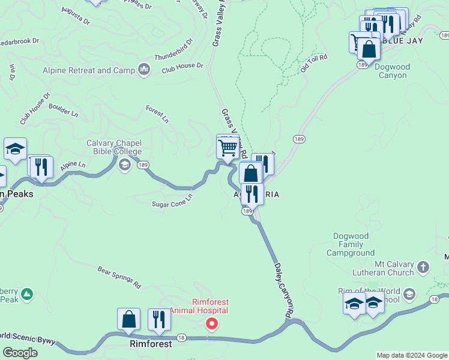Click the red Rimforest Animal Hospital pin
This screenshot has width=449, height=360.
(211, 324)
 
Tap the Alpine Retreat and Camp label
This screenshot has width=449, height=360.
(89, 70)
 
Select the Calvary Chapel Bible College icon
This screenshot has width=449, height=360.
(125, 164)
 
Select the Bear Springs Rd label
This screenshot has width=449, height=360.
(119, 277)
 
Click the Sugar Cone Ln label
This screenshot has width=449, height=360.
(172, 200)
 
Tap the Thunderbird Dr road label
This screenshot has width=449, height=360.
(173, 51)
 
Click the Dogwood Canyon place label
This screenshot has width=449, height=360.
(391, 71)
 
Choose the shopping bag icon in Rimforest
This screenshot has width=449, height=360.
(129, 319)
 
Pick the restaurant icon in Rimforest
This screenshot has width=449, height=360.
(159, 319)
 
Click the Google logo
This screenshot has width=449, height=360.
(20, 352)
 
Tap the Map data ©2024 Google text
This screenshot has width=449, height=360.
(412, 355)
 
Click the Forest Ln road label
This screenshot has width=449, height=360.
(157, 113)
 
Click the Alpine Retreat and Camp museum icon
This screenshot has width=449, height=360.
(143, 70)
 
